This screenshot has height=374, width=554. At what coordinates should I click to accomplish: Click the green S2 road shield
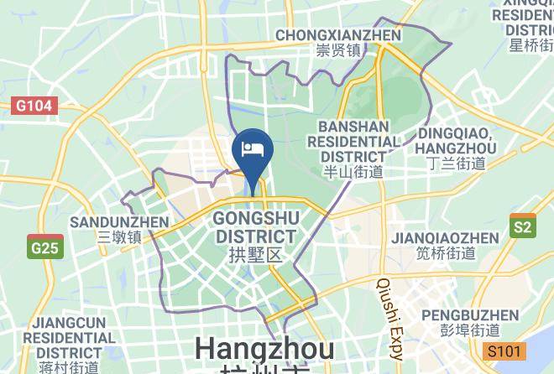522,226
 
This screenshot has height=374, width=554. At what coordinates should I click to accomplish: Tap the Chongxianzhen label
338,35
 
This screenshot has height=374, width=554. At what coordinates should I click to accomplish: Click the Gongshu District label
255,227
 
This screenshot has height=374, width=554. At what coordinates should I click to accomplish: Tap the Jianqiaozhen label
445,238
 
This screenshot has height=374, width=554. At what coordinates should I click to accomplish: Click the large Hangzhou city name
264,348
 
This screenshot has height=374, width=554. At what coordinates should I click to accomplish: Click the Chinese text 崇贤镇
338,50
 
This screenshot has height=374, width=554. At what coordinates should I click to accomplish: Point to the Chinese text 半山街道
353,172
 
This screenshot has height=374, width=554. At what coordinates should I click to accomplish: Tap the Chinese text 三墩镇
119,237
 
